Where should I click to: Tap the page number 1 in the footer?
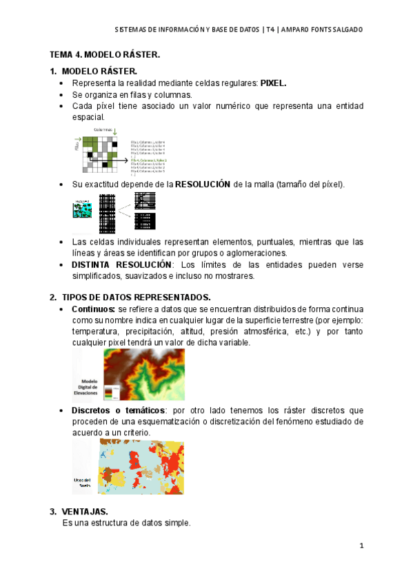pyautogui.click(x=361, y=546)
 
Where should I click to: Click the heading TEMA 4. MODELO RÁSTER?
pyautogui.click(x=104, y=54)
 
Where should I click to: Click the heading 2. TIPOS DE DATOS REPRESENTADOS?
pyautogui.click(x=130, y=297)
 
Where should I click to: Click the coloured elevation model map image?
pyautogui.click(x=144, y=375)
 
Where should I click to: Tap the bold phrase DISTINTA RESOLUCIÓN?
pyautogui.click(x=121, y=264)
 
